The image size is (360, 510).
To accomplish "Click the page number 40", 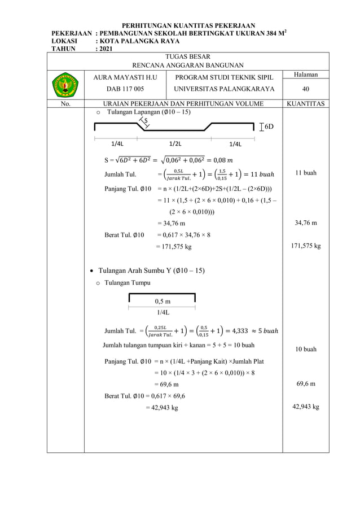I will tap(305, 89).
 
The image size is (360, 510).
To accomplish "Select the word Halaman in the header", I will tap(305, 75).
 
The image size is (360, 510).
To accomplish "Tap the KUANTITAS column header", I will tap(305, 104).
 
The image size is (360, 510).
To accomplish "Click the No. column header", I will tap(65, 104).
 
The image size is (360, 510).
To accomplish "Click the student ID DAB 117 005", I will tap(125, 89).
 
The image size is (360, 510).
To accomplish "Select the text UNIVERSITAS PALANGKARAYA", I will tap(224, 89).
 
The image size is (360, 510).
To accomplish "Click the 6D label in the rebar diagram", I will tap(269, 127).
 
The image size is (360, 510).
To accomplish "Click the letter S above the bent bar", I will tap(146, 120).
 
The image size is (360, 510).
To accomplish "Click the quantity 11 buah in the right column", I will tap(305, 173).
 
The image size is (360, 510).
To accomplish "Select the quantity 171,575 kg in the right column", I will tap(305, 246).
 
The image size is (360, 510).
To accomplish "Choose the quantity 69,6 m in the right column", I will tap(305, 384).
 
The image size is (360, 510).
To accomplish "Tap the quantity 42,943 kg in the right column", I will tap(305, 407).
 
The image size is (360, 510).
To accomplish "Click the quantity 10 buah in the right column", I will tap(305, 349).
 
